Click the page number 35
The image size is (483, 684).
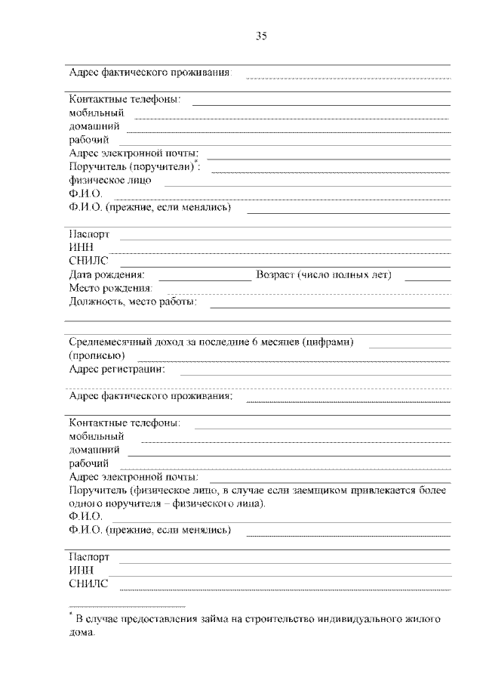click(x=262, y=36)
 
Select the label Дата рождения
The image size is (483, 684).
click(x=106, y=275)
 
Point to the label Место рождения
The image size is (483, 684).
click(x=110, y=289)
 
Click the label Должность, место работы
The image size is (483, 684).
click(x=133, y=302)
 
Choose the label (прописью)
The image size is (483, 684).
click(x=97, y=355)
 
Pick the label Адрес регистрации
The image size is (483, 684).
click(x=117, y=370)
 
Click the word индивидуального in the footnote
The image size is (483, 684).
click(x=352, y=620)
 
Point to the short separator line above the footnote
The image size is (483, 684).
click(x=127, y=606)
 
